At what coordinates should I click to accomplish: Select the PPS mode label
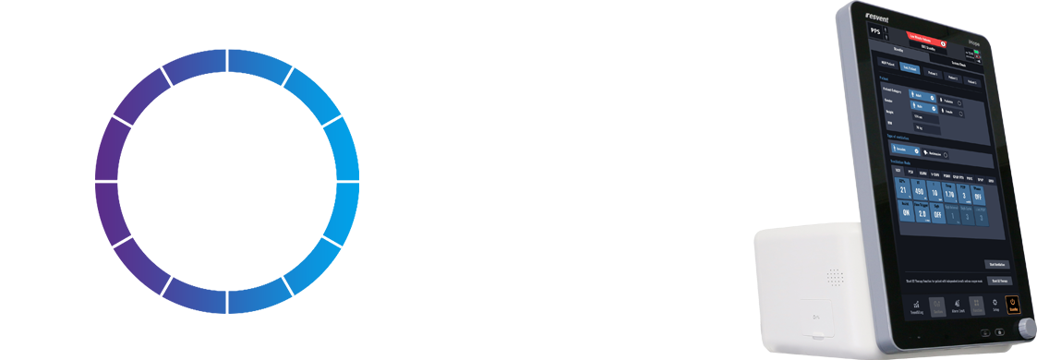[x=875, y=30]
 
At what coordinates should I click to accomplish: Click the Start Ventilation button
[x=996, y=264]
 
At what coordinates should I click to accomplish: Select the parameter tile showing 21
[x=903, y=189]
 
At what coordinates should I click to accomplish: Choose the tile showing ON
[x=906, y=211]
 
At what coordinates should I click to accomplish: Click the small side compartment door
[x=814, y=318]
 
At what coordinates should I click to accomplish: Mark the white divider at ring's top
[x=227, y=62]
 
